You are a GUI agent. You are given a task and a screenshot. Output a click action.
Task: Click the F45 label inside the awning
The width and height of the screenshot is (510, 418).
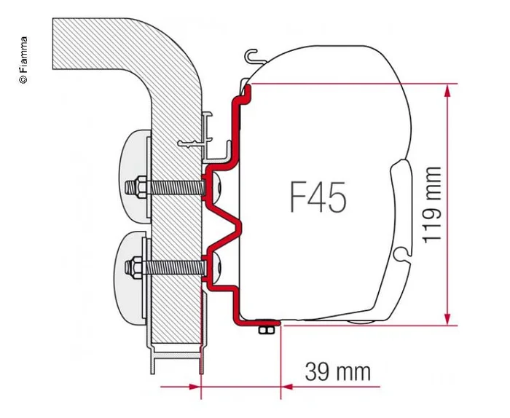coord(317,196)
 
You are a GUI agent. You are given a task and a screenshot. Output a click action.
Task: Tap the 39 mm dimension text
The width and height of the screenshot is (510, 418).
coord(337,372)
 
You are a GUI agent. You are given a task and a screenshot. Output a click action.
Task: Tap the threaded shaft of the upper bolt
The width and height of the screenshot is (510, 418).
coord(171,187)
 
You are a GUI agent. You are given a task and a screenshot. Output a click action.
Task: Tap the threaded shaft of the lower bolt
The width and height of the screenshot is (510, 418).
coord(171,267)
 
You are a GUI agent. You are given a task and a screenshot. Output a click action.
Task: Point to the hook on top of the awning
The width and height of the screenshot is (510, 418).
coord(252,55)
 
